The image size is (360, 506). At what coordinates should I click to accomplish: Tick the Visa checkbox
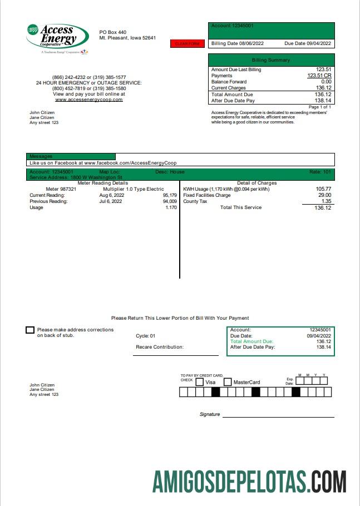pyautogui.click(x=199, y=382)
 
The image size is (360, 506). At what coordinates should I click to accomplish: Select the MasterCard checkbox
pyautogui.click(x=228, y=382)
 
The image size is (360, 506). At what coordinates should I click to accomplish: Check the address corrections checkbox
pyautogui.click(x=30, y=330)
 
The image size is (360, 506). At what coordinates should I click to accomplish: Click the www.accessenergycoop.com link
pyautogui.click(x=89, y=100)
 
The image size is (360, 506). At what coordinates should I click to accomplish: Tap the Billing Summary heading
pyautogui.click(x=271, y=59)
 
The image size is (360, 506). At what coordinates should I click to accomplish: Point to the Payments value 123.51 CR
pyautogui.click(x=319, y=76)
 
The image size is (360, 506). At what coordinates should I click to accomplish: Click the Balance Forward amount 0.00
pyautogui.click(x=326, y=82)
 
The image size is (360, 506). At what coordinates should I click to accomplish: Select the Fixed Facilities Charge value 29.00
pyautogui.click(x=324, y=195)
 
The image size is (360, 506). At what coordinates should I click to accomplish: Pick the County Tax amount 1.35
pyautogui.click(x=326, y=201)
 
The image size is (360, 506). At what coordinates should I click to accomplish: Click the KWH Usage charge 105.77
pyautogui.click(x=323, y=189)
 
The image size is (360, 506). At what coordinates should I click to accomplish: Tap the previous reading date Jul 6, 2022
pyautogui.click(x=110, y=201)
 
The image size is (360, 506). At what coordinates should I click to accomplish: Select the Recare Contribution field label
pyautogui.click(x=160, y=347)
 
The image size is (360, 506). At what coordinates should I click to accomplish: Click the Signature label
pyautogui.click(x=210, y=414)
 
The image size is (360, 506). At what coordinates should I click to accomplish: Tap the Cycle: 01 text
pyautogui.click(x=145, y=336)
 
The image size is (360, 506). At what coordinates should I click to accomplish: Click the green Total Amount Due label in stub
pyautogui.click(x=251, y=341)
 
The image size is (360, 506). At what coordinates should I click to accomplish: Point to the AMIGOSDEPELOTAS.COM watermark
pyautogui.click(x=249, y=481)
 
